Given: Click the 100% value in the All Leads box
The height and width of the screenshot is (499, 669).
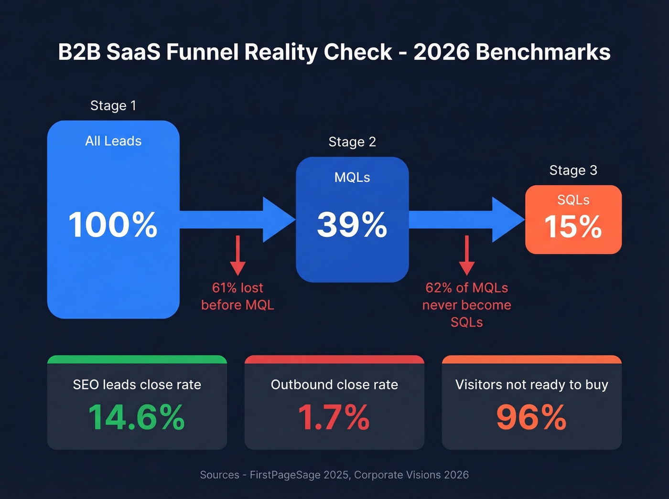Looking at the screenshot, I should pyautogui.click(x=113, y=224).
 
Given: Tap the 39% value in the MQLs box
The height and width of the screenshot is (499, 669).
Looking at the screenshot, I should pyautogui.click(x=352, y=224).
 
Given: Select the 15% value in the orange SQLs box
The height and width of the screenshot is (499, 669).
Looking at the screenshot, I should pyautogui.click(x=573, y=226).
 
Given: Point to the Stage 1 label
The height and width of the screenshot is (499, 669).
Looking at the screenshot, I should pyautogui.click(x=113, y=106).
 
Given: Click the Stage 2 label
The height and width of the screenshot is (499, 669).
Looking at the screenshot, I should pyautogui.click(x=352, y=142).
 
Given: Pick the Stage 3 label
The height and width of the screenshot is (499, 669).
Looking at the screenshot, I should pyautogui.click(x=573, y=170).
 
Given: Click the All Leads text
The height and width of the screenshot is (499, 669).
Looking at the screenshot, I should pyautogui.click(x=113, y=141).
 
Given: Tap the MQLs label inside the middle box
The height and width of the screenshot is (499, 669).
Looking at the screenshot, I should pyautogui.click(x=352, y=177).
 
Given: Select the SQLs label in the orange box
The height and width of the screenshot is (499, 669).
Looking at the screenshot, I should pyautogui.click(x=573, y=200).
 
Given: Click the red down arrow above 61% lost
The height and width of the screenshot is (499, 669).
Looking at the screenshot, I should pyautogui.click(x=237, y=255).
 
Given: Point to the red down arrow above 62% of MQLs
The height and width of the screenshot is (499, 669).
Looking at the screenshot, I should pyautogui.click(x=467, y=255).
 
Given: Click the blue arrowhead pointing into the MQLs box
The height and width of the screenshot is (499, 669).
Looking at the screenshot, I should pyautogui.click(x=278, y=220).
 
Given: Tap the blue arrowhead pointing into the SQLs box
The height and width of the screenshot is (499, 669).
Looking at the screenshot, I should pyautogui.click(x=507, y=220).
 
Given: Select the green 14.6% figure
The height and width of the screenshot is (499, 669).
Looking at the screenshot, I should pyautogui.click(x=137, y=417).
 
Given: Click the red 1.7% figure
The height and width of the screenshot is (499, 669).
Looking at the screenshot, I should pyautogui.click(x=334, y=417).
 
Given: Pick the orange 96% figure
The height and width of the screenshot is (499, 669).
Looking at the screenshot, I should pyautogui.click(x=531, y=417).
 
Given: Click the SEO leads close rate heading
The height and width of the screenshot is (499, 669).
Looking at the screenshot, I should pyautogui.click(x=137, y=384).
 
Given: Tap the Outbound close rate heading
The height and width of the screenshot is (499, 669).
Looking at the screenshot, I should pyautogui.click(x=334, y=384).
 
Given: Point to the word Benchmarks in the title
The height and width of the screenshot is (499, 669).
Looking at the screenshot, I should pyautogui.click(x=543, y=52).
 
